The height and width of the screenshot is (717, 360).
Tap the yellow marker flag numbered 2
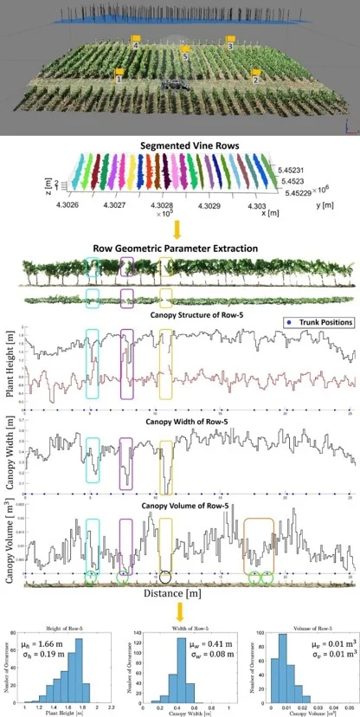(255, 75)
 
